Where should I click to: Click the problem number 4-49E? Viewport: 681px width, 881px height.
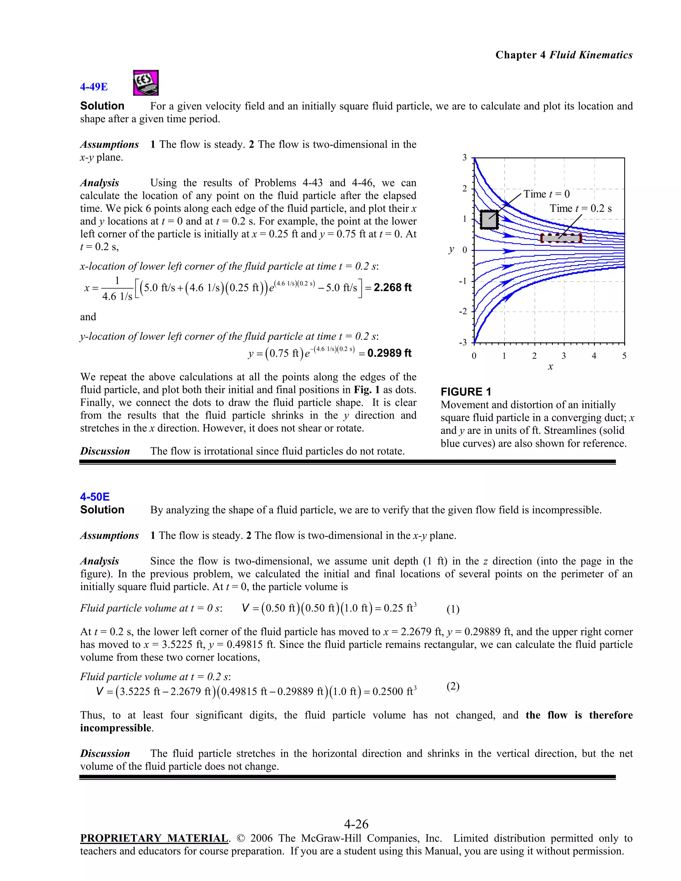93,87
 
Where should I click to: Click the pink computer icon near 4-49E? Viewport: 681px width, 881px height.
146,83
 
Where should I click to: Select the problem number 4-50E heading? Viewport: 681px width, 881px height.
95,497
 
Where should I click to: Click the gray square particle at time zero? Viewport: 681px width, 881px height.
489,220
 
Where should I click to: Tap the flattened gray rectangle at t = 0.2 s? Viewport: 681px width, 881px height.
561,238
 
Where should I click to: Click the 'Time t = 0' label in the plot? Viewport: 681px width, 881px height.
547,194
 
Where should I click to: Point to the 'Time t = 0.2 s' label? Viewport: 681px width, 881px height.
581,208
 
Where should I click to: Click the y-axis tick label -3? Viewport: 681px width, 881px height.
463,343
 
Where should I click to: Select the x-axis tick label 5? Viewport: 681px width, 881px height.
624,356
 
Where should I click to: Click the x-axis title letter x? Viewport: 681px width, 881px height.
550,367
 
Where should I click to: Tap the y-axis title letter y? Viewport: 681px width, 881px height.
451,250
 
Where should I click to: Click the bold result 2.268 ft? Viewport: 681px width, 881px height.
392,288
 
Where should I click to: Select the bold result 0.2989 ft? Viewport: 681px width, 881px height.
389,353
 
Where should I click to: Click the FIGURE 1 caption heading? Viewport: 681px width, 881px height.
466,392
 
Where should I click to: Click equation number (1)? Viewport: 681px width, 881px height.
453,609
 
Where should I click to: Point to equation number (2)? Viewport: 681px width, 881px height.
453,686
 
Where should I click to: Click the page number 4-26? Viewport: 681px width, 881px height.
356,824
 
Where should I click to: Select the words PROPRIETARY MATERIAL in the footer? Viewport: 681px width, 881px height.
154,838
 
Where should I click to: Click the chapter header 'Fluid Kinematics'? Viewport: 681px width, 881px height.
591,55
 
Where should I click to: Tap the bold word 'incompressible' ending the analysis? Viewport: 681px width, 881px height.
116,728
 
